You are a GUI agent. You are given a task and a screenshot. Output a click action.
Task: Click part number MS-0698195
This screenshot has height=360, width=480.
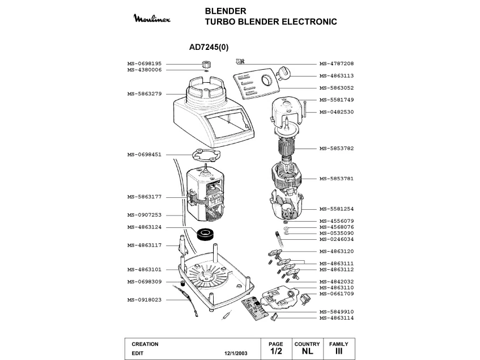coord(145,64)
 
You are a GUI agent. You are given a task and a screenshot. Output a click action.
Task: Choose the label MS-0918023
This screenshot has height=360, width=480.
coord(145,299)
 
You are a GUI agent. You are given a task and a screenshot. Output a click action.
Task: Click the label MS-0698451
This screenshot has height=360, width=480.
coord(145,154)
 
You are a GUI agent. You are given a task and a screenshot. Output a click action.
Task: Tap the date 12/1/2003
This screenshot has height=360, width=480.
coord(236,353)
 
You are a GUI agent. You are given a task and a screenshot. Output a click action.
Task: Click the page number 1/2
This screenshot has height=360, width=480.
coord(276,352)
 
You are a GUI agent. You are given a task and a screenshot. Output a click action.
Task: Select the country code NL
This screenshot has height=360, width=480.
coord(307,352)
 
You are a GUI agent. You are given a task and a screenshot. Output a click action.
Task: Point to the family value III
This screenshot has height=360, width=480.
coord(338,352)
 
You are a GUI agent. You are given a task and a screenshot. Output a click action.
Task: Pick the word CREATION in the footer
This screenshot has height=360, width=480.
coord(145,344)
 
